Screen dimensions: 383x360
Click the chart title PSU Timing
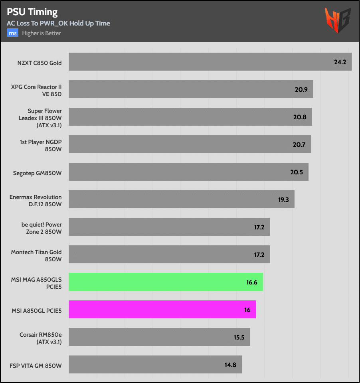[x=32, y=12]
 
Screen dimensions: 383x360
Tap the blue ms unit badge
[x=12, y=33]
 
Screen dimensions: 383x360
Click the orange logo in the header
[x=338, y=20]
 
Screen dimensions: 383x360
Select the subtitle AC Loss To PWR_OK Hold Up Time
[x=58, y=23]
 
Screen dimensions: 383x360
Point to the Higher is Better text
[x=42, y=33]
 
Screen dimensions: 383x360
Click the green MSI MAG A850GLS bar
[x=166, y=282]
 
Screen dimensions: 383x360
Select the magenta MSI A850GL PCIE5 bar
[x=162, y=309]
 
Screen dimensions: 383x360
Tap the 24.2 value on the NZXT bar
[x=340, y=62]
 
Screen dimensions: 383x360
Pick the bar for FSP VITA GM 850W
[x=155, y=364]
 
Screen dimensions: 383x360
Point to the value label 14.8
[x=231, y=365]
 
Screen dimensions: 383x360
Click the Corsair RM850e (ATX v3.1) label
[x=41, y=339]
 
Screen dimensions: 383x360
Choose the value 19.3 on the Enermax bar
[x=283, y=199]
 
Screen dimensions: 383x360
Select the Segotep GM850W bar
[x=188, y=172]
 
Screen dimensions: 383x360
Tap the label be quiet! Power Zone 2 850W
[x=42, y=228]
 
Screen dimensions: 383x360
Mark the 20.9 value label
[x=301, y=89]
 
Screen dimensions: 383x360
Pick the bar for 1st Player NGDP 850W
[x=190, y=144]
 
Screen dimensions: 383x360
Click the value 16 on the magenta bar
[x=247, y=310]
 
